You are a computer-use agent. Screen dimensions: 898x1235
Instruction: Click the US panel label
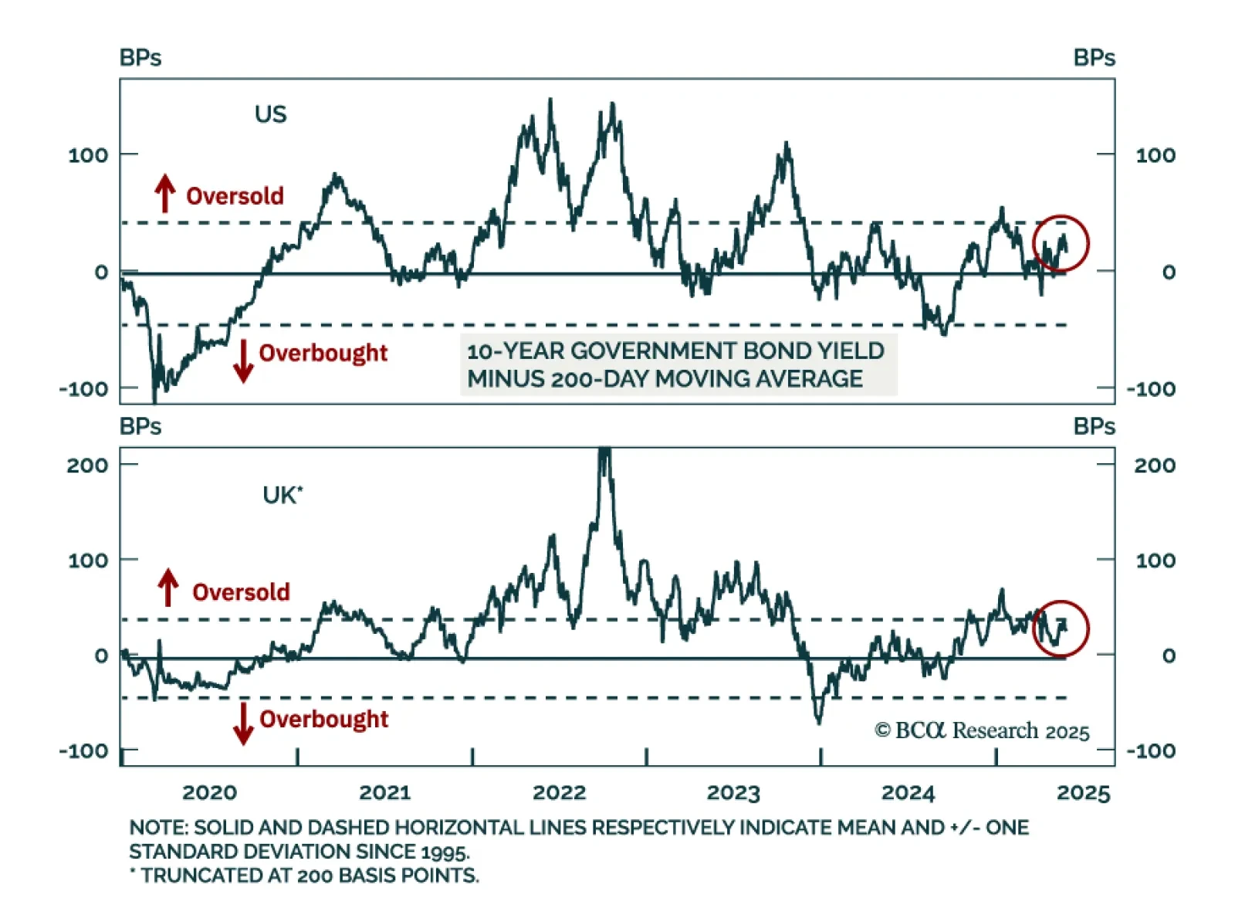point(270,114)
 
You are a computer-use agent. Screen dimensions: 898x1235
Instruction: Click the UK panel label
point(282,495)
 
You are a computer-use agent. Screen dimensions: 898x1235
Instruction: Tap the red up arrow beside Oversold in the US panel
point(164,193)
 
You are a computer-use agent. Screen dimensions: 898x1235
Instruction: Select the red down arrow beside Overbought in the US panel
point(243,361)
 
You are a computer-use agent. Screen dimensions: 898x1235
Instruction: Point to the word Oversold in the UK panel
point(241,592)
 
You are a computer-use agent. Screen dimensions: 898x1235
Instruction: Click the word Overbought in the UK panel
point(323,719)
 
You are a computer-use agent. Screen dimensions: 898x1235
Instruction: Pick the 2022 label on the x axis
point(559,793)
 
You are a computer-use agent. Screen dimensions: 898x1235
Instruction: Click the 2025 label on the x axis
point(1083,793)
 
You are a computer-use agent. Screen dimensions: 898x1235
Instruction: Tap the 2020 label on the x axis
point(209,793)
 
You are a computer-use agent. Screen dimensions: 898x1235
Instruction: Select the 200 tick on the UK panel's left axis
point(87,466)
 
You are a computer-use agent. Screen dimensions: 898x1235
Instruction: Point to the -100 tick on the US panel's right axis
point(1150,388)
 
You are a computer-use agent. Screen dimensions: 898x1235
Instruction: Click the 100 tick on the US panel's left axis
point(88,155)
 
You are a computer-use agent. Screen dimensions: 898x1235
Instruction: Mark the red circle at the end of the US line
point(1061,243)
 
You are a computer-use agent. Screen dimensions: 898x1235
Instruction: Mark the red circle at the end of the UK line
point(1061,629)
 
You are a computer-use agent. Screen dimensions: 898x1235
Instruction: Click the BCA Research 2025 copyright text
point(982,730)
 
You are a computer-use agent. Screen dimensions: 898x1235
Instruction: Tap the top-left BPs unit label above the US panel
point(140,58)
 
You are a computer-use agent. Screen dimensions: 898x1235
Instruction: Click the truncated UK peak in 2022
point(604,452)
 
